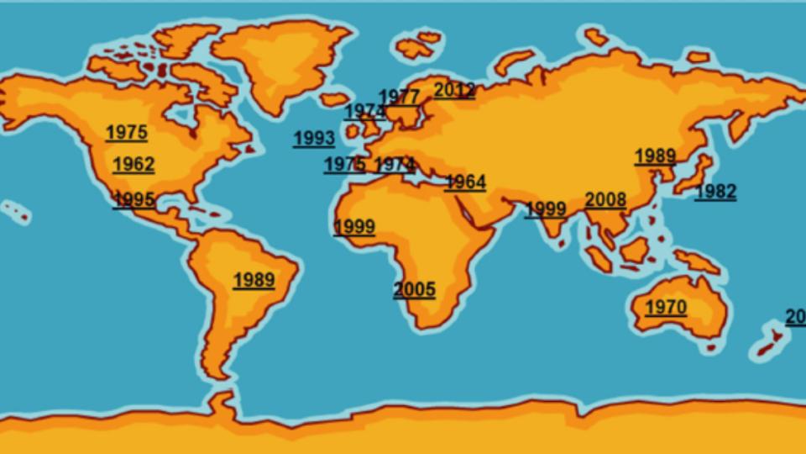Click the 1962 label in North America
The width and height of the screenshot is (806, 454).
pos(133,164)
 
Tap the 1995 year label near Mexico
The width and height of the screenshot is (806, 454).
pos(133,199)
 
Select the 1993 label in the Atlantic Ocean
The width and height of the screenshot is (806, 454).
pos(314,139)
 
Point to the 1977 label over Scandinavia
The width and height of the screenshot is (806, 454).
pos(399,96)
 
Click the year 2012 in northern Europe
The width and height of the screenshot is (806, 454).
pos(454,90)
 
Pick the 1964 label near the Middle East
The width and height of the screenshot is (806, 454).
pos(465,182)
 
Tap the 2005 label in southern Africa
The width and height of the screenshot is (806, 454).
pos(415,289)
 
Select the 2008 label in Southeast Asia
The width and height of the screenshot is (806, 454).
pos(605,199)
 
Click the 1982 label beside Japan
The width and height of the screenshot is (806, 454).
pos(715,192)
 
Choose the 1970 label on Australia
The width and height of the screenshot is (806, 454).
pos(666,307)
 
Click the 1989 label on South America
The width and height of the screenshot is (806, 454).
pos(254,280)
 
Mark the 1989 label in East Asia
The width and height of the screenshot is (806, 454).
pos(655,156)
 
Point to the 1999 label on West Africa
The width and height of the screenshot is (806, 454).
pos(354,226)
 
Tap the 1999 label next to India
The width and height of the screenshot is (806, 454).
pos(546,209)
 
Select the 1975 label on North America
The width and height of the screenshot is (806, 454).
pos(127,132)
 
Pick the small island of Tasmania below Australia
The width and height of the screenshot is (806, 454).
pos(711,346)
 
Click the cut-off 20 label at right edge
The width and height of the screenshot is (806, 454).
pos(796,317)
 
